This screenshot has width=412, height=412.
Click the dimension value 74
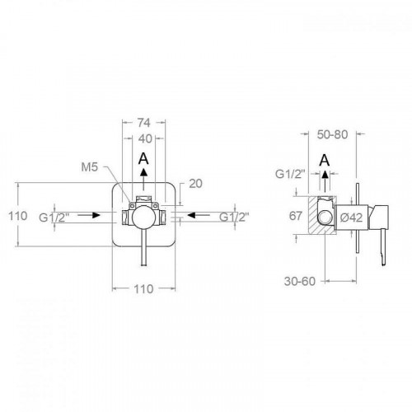[143, 120]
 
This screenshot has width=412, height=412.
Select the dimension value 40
[143, 138]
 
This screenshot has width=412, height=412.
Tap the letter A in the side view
[325, 160]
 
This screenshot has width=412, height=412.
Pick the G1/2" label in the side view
[290, 175]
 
